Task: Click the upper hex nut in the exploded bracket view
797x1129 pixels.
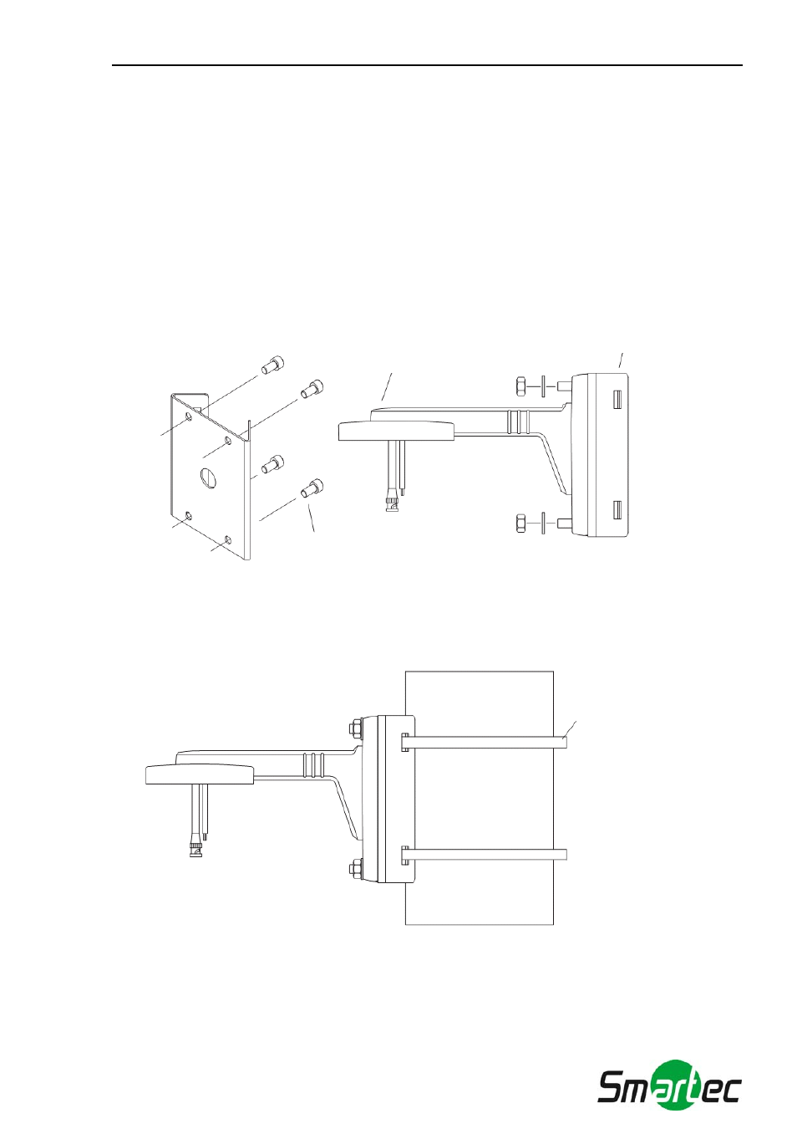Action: point(521,387)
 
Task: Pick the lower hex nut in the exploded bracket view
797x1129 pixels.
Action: point(521,524)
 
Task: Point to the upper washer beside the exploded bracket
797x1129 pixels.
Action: point(544,387)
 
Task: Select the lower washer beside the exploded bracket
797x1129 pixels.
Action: point(544,524)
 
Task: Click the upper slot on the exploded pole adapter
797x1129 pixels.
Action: point(617,399)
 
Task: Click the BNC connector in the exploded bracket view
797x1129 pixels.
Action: point(392,503)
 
